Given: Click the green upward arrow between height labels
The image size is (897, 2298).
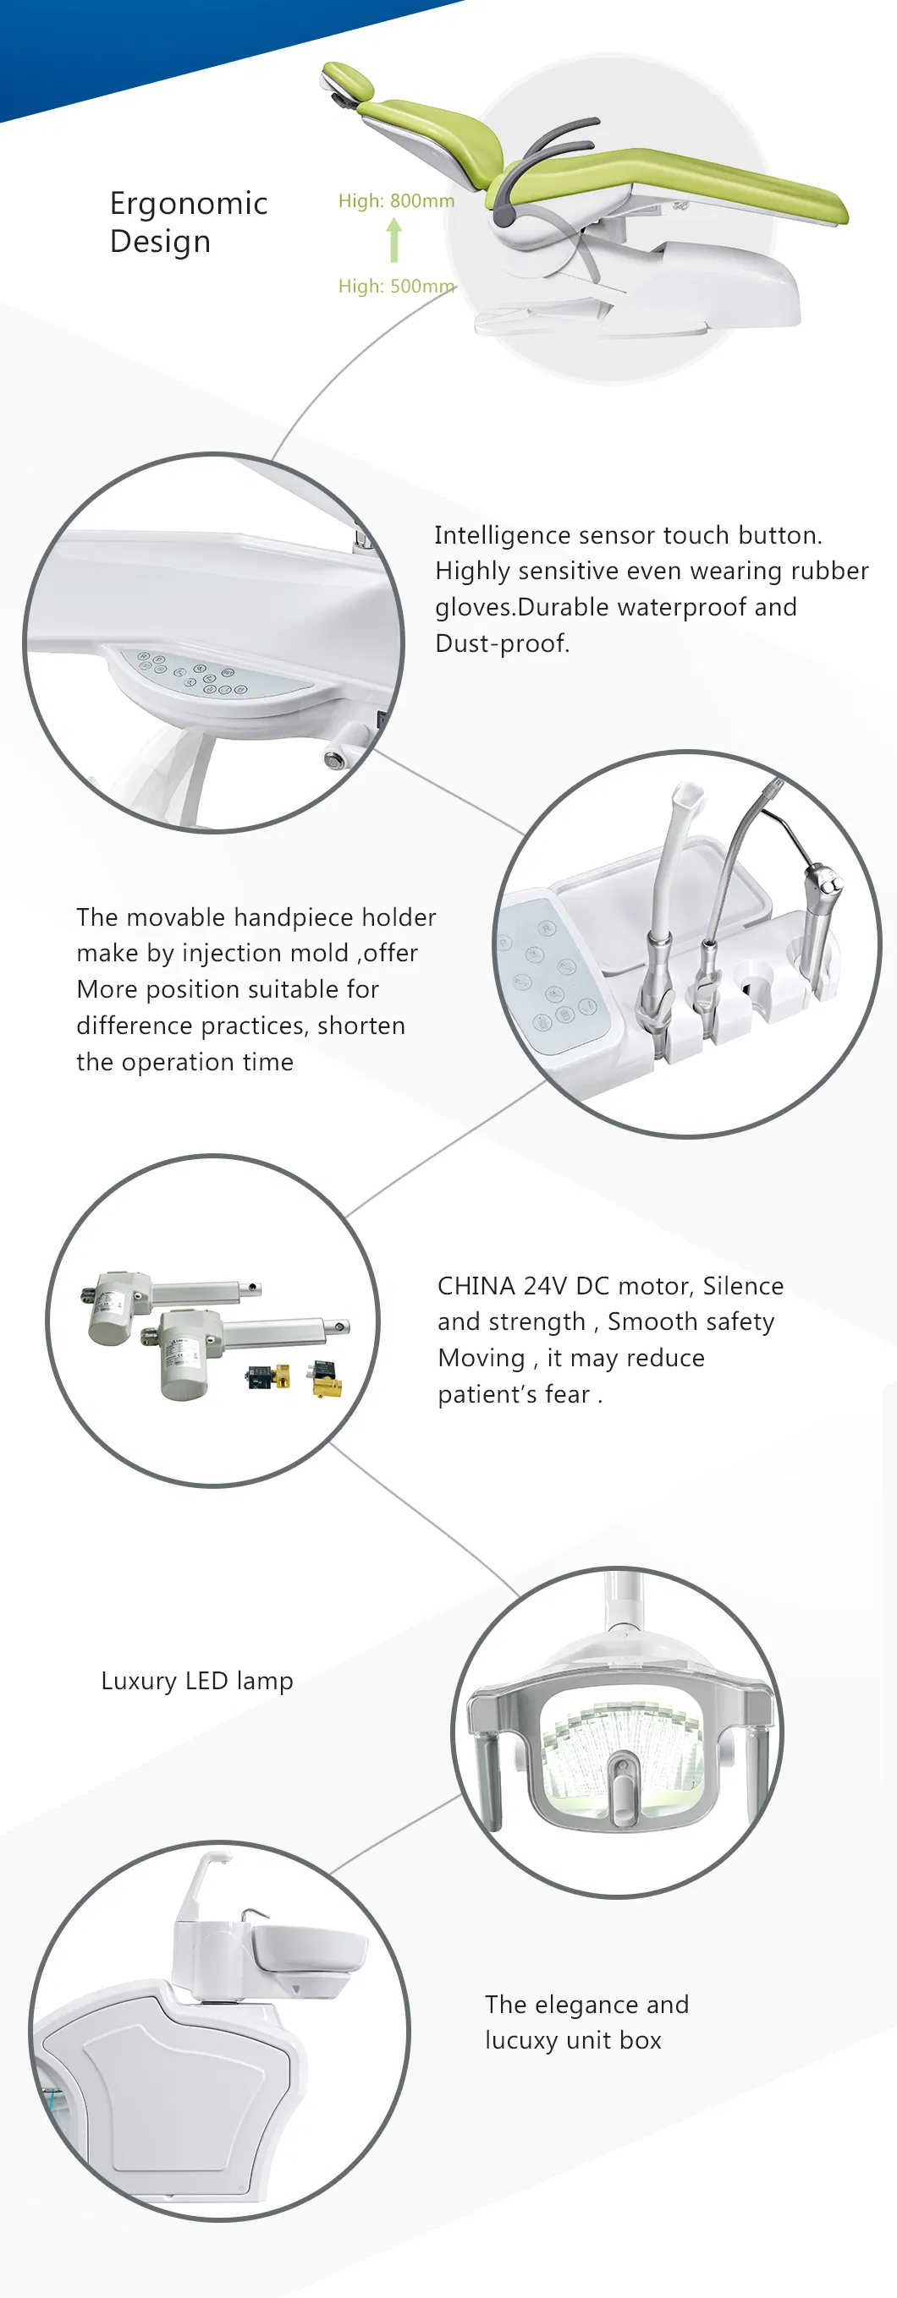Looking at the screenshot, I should click(393, 242).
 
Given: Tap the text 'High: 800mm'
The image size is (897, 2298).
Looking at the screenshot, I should click(395, 200).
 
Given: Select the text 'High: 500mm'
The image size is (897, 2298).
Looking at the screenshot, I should click(395, 287).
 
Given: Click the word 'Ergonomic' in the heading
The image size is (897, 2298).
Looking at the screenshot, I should click(189, 204).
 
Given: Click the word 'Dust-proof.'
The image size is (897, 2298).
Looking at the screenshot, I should click(502, 643).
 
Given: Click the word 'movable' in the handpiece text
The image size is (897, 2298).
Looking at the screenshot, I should click(175, 917).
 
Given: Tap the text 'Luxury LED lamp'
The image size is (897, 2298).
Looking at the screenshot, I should click(197, 1681).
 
